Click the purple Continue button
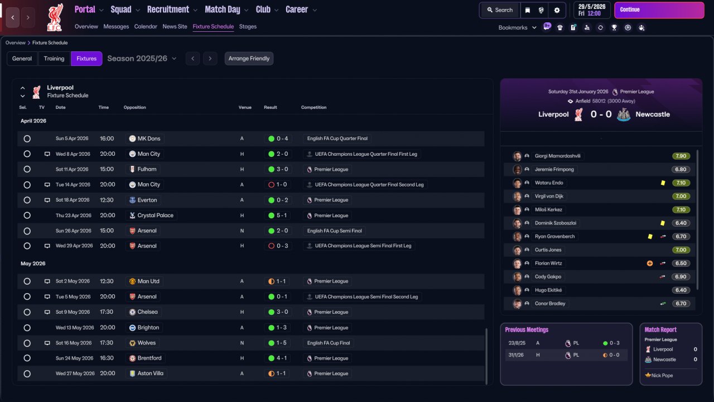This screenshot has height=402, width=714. coord(659,10)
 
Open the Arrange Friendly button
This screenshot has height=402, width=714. coord(249,59)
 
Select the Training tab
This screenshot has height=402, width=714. coord(54,59)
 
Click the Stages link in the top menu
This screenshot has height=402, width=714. coord(248,26)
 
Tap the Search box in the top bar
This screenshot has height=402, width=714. coord(500,10)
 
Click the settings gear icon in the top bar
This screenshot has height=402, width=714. coord(557,10)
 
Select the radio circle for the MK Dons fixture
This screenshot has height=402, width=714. coord(27,139)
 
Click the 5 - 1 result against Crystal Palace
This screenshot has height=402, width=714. coord(278,216)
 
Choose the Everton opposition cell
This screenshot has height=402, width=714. coord(143,200)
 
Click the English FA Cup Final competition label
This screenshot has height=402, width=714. coord(329,343)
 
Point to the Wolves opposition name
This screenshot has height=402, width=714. coord(147,343)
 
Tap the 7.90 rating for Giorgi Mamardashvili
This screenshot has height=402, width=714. coord(681,156)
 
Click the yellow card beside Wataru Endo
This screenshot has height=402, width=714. coord(663,183)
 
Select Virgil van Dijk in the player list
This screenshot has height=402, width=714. coord(549,196)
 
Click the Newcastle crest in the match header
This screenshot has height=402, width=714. coord(624,114)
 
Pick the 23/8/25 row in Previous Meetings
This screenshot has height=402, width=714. coord(566,343)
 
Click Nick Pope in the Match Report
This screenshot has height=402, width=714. coord(662,376)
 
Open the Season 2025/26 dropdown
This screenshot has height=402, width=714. coord(142,59)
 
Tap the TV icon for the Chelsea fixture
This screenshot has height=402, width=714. coord(47,312)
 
